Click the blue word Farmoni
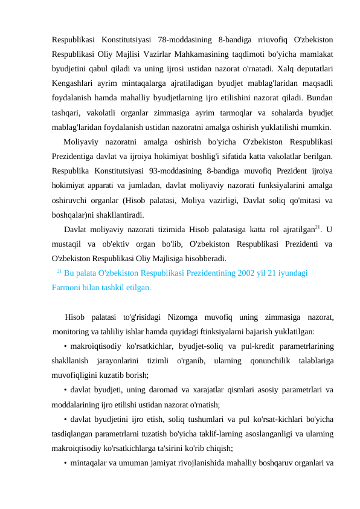coord(66,288)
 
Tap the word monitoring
coord(73,331)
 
